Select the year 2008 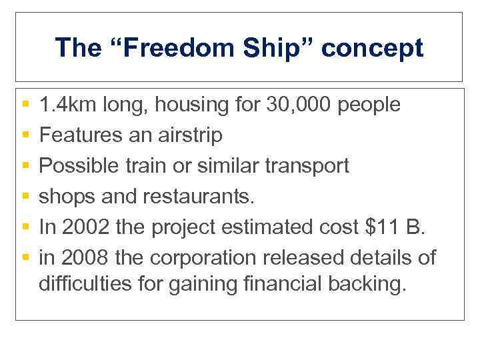pyautogui.click(x=83, y=257)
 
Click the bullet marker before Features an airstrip pyautogui.click(x=25, y=135)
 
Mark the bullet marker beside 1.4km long pyautogui.click(x=25, y=105)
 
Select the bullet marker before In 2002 pyautogui.click(x=25, y=227)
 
